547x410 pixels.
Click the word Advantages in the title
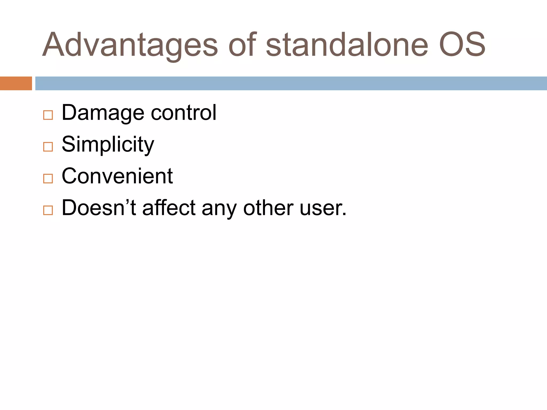click(130, 45)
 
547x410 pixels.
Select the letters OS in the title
click(462, 45)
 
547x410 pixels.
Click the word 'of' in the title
click(243, 45)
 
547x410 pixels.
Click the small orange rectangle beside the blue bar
click(16, 83)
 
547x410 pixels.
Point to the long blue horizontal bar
click(291, 83)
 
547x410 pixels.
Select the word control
click(183, 113)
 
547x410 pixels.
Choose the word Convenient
click(117, 176)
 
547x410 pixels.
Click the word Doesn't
click(99, 208)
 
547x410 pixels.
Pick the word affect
click(169, 208)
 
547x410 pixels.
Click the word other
click(268, 208)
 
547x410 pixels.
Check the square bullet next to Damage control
click(48, 115)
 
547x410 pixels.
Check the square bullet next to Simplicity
click(48, 147)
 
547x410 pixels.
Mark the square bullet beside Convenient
click(48, 179)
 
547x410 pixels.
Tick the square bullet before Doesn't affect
click(48, 210)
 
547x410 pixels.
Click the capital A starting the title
click(53, 45)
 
